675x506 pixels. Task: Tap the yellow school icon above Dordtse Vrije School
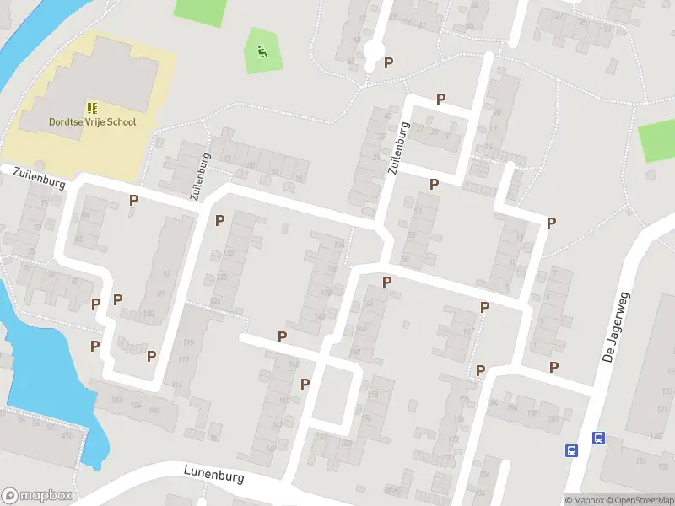[92, 108]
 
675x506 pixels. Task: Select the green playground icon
[262, 51]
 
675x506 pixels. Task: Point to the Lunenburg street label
[215, 474]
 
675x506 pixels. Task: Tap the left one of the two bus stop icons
[571, 450]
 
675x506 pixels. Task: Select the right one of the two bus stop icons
[598, 438]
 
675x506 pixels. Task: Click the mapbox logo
[37, 496]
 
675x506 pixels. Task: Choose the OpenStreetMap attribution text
[642, 500]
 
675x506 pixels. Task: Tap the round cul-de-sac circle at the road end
[373, 52]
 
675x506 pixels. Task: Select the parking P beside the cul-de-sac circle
[388, 62]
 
